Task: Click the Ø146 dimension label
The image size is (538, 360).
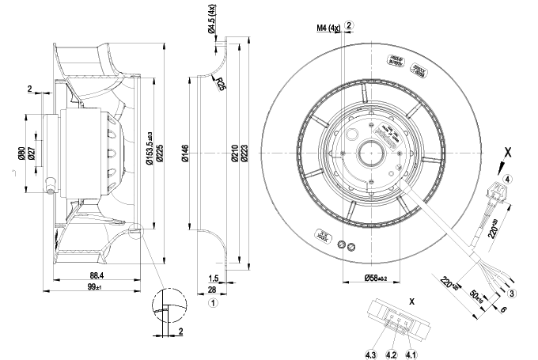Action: (x=184, y=154)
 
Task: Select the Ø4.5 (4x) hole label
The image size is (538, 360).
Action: (x=211, y=21)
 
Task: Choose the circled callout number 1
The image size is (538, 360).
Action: (x=214, y=301)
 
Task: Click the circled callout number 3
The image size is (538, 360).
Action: (x=512, y=293)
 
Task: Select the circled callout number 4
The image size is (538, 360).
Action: (x=507, y=179)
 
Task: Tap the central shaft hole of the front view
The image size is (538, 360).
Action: (x=369, y=150)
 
